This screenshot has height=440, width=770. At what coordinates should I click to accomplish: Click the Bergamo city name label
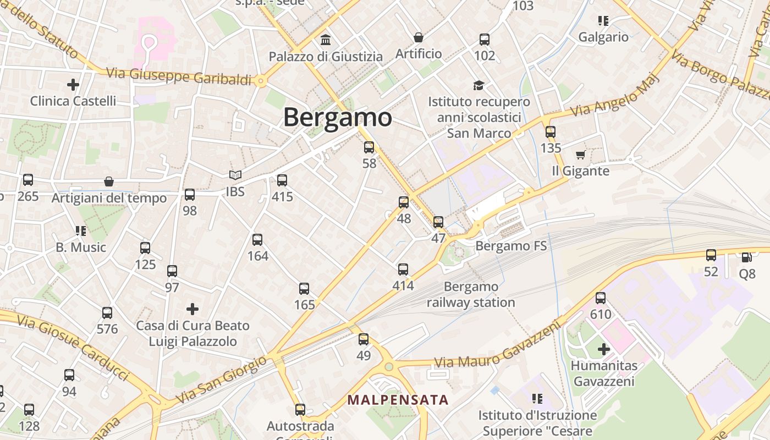point(337,117)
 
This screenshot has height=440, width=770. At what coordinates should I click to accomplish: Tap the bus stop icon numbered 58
point(369,147)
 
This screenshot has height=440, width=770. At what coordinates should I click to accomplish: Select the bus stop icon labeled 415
point(282,180)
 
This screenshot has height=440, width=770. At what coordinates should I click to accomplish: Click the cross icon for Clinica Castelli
point(73,85)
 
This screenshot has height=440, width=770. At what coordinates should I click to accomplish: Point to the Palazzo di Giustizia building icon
point(326,40)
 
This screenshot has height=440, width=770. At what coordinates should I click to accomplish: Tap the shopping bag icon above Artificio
point(419,37)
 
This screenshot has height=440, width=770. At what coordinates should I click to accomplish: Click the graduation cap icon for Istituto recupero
point(479,85)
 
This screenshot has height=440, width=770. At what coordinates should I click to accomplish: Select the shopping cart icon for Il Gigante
point(580,155)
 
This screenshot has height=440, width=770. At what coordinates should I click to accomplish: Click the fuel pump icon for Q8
point(747,257)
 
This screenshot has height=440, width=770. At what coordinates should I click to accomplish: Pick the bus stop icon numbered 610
point(601,298)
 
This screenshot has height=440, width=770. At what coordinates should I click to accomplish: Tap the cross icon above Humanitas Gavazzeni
point(604,349)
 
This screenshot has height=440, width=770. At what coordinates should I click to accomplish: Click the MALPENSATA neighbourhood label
point(398,400)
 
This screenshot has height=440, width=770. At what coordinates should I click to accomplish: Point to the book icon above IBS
point(235,175)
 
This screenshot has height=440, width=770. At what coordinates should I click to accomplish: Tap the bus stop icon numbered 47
point(438,222)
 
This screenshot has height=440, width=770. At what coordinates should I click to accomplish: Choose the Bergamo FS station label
point(511,246)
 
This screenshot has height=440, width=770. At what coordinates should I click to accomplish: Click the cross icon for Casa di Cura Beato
point(193,309)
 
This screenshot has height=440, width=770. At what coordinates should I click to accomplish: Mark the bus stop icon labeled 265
point(28,180)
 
